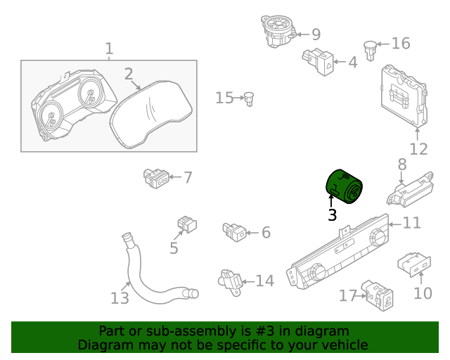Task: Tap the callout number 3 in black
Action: tap(332, 215)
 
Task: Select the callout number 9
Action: tap(316, 34)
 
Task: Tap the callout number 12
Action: tap(418, 149)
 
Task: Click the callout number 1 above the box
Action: tap(109, 49)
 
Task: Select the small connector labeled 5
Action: tap(186, 224)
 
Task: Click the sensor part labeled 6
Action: tap(234, 230)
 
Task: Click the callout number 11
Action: tap(411, 223)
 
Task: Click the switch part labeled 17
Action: tap(378, 295)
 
